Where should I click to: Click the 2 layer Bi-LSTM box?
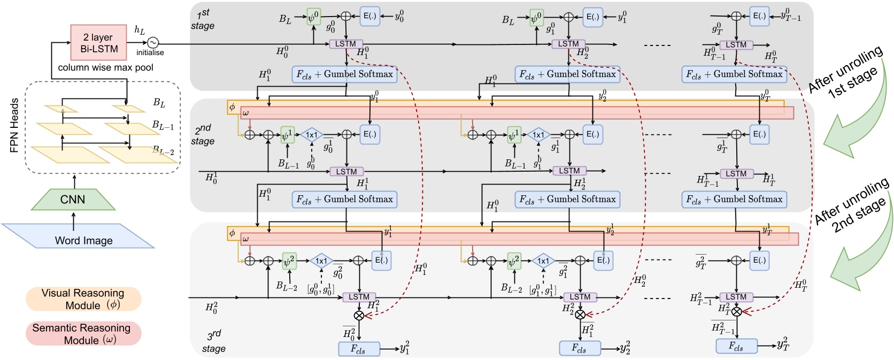(x=99, y=43)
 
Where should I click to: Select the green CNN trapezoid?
(x=73, y=200)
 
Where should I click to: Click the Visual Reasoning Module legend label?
(x=83, y=299)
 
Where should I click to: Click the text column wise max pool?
(x=105, y=67)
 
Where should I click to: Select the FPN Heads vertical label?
(x=14, y=125)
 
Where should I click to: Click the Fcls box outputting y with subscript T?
(x=736, y=346)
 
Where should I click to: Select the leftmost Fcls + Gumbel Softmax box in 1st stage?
(x=344, y=74)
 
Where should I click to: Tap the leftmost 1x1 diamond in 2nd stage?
(x=311, y=135)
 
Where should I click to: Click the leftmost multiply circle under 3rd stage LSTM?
(x=359, y=316)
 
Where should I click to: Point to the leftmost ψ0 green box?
(x=313, y=17)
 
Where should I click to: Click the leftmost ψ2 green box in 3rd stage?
(x=289, y=261)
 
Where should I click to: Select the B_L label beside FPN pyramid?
(x=159, y=103)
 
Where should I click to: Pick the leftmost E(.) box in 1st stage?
(x=370, y=16)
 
